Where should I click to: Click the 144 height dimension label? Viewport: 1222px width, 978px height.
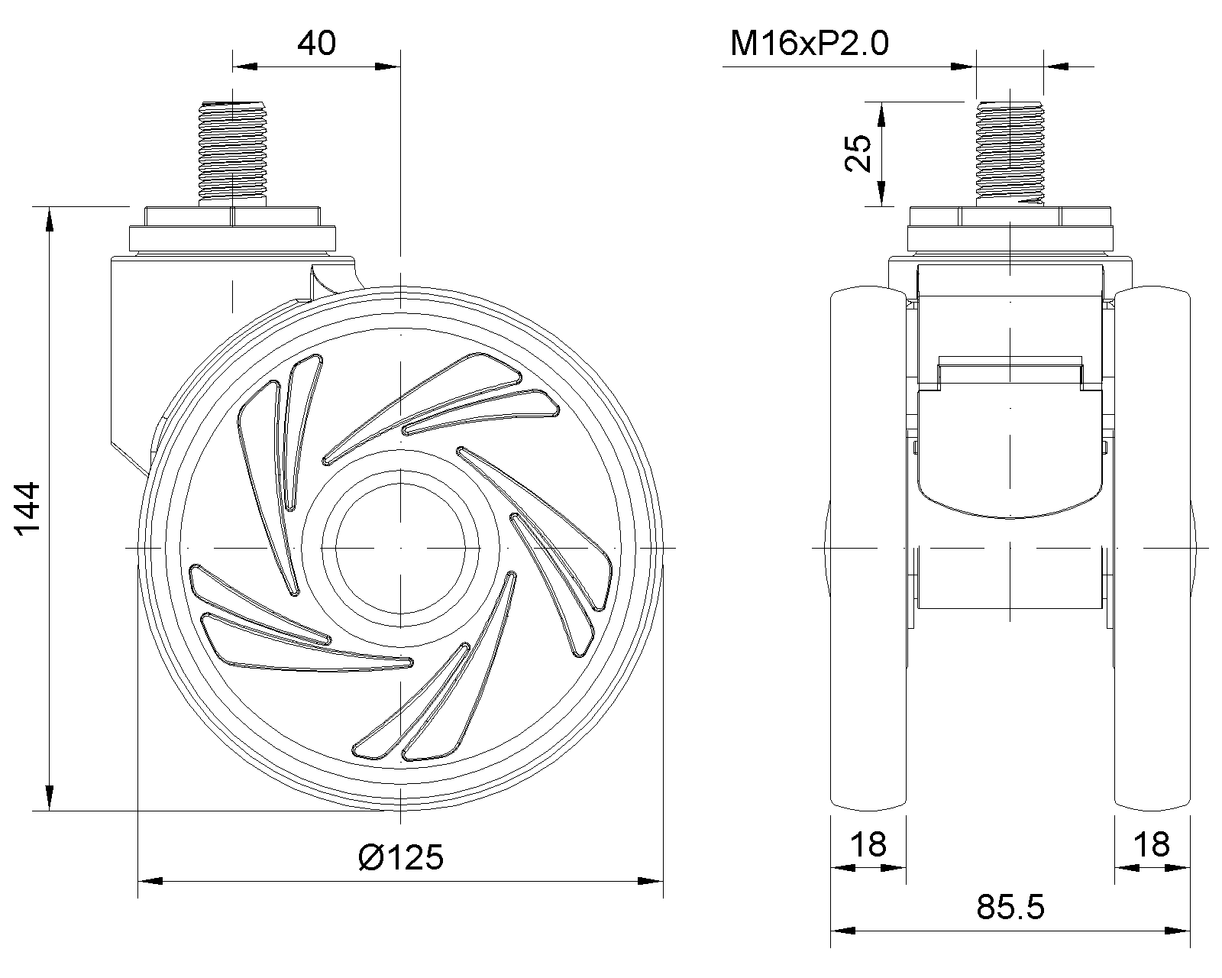click(x=27, y=509)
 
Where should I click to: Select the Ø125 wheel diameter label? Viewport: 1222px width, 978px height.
click(x=401, y=857)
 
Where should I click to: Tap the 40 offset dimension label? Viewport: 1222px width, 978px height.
click(x=316, y=44)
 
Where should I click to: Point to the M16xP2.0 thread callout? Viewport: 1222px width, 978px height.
click(x=809, y=44)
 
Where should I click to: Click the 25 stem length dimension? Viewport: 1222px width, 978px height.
click(x=858, y=153)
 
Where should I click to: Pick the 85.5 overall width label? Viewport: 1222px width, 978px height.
click(x=1010, y=907)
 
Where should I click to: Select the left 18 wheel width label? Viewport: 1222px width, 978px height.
click(x=868, y=844)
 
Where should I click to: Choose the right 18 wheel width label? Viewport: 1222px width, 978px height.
click(x=1152, y=844)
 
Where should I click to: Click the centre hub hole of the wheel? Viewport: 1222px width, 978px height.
click(x=400, y=548)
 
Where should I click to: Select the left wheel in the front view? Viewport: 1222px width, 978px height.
click(x=868, y=549)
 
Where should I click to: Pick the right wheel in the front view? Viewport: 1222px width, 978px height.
click(x=1152, y=549)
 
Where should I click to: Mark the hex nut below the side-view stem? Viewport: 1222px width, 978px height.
click(x=232, y=216)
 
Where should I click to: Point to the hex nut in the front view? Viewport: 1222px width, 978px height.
click(x=1010, y=216)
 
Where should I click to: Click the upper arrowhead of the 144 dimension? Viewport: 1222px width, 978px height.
click(x=50, y=219)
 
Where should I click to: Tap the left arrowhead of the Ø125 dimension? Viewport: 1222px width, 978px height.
click(x=150, y=882)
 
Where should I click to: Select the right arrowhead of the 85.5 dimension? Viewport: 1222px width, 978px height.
click(x=1178, y=931)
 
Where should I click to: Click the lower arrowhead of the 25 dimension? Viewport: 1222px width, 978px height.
click(x=881, y=193)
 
